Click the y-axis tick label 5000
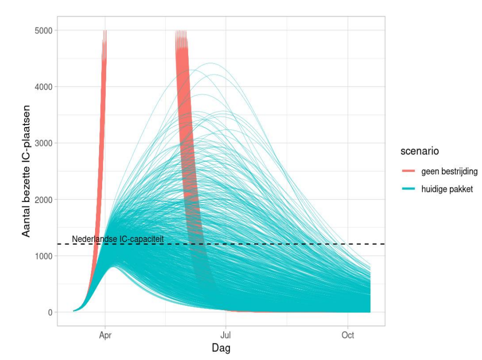coord(45,30)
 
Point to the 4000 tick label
coord(45,87)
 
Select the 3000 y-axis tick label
coord(45,143)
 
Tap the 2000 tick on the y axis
coord(45,199)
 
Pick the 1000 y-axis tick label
coord(45,256)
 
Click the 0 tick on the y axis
coord(50,312)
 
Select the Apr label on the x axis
coord(105,335)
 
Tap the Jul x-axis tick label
coord(226,335)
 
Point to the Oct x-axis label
coord(347,335)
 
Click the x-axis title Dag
coord(221,347)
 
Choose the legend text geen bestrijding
coord(449,171)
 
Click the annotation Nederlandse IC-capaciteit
coord(118,239)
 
